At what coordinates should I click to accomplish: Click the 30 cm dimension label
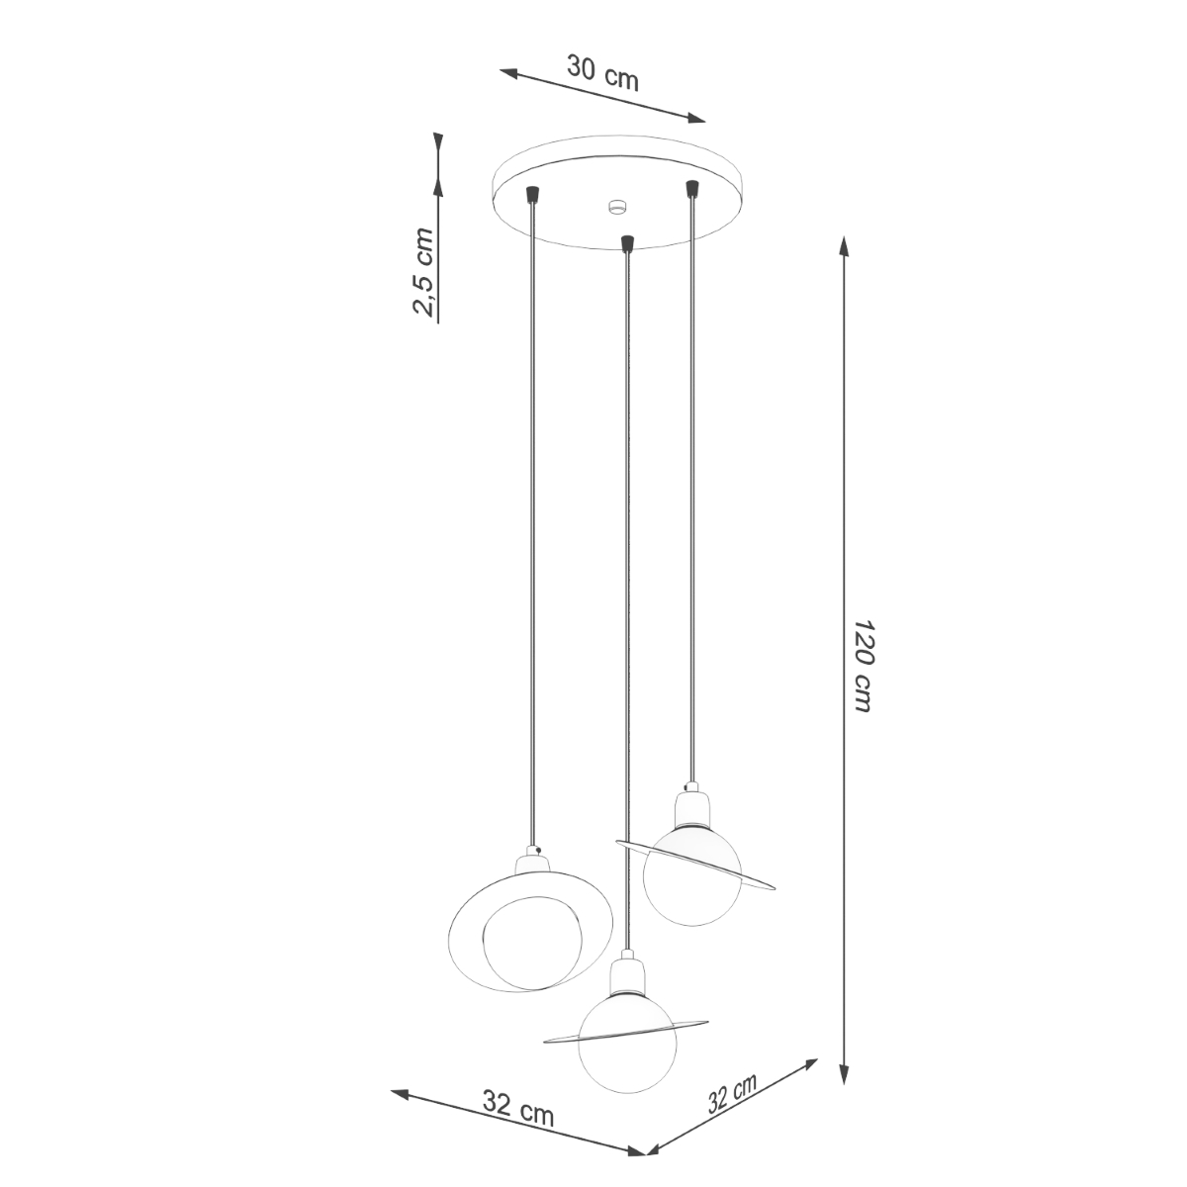pyautogui.click(x=602, y=73)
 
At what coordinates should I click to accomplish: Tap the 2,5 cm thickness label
pyautogui.click(x=423, y=272)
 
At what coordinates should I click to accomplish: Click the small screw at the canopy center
pyautogui.click(x=618, y=208)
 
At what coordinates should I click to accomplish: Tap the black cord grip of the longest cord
pyautogui.click(x=625, y=241)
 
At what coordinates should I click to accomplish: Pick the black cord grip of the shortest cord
pyautogui.click(x=691, y=188)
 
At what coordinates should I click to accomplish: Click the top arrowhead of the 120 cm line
pyautogui.click(x=843, y=247)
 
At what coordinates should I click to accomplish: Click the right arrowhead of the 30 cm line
pyautogui.click(x=695, y=119)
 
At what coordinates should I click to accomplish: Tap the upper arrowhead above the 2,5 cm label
pyautogui.click(x=437, y=144)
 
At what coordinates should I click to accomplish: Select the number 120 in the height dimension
pyautogui.click(x=864, y=643)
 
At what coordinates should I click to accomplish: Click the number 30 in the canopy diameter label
pyautogui.click(x=584, y=68)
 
